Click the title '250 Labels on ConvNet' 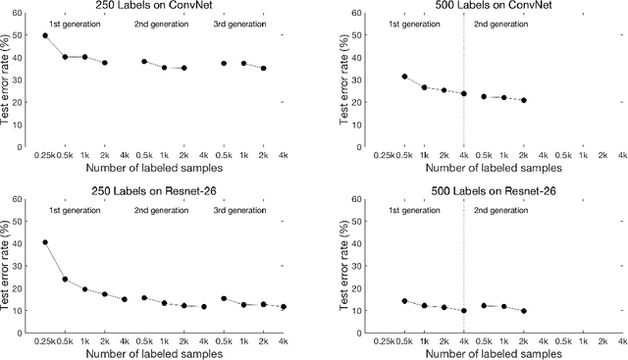[159, 7]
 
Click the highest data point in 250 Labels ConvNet [45, 35]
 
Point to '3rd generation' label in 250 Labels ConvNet [240, 21]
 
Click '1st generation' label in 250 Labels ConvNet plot [74, 21]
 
